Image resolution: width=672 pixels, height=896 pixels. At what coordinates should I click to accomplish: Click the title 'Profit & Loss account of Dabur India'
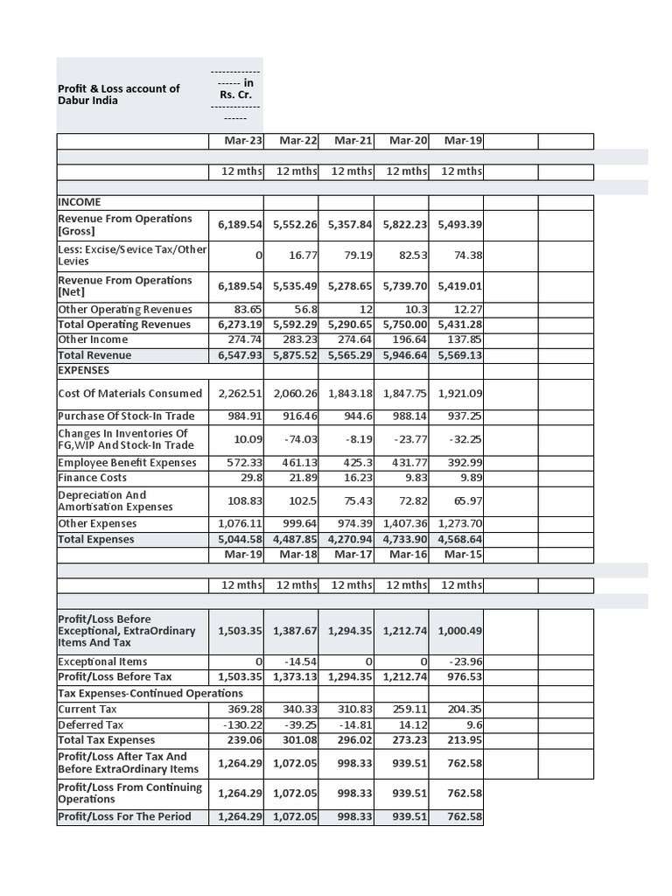118,94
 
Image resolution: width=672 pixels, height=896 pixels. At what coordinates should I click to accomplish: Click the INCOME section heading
80,202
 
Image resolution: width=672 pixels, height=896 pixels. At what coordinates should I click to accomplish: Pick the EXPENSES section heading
84,370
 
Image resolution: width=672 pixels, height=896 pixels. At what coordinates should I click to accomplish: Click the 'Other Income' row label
93,339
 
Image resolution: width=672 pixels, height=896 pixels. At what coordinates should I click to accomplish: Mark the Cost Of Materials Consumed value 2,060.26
296,394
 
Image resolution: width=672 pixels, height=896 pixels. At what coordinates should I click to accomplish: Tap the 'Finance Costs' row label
93,478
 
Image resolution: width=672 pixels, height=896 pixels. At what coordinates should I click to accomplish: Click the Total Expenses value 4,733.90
405,539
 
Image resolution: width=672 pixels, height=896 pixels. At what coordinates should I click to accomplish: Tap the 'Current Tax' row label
87,710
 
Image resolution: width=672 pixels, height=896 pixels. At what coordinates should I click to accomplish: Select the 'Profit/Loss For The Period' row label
122,816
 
